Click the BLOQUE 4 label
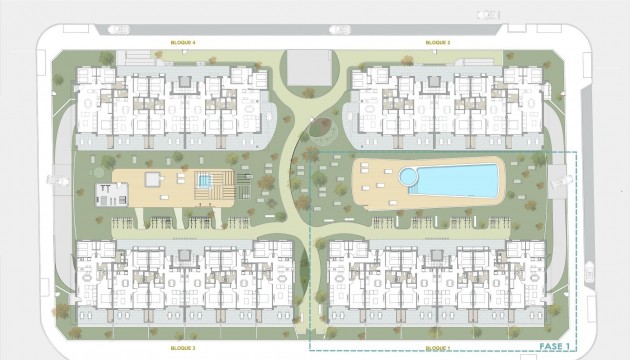(x=184, y=43)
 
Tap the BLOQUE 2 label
(x=437, y=43)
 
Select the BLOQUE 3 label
(x=183, y=347)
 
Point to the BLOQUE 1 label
(x=437, y=347)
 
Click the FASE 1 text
(x=554, y=345)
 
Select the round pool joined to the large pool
(x=408, y=176)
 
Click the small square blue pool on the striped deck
(x=204, y=181)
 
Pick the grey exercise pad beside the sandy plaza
(x=104, y=190)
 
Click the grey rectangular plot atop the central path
(x=311, y=67)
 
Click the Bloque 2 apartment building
(x=440, y=100)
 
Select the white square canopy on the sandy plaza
(x=153, y=179)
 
